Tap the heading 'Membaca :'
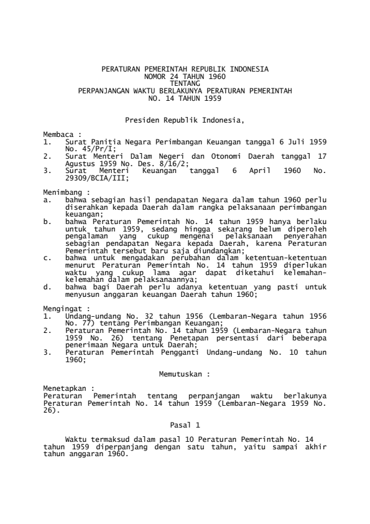62,134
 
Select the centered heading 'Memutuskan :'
185,375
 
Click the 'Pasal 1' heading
185,424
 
